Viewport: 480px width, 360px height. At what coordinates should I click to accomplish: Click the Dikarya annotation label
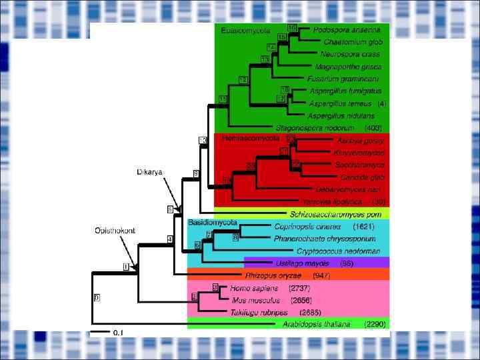click(150, 172)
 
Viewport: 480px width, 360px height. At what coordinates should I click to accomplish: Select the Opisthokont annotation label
click(114, 230)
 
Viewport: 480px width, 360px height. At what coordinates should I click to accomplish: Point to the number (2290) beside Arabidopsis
click(375, 324)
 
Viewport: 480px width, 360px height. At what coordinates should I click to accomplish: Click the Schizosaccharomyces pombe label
click(335, 214)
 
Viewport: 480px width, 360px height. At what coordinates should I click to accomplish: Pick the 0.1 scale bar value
click(118, 332)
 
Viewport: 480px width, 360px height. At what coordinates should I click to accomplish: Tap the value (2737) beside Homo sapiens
click(299, 288)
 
